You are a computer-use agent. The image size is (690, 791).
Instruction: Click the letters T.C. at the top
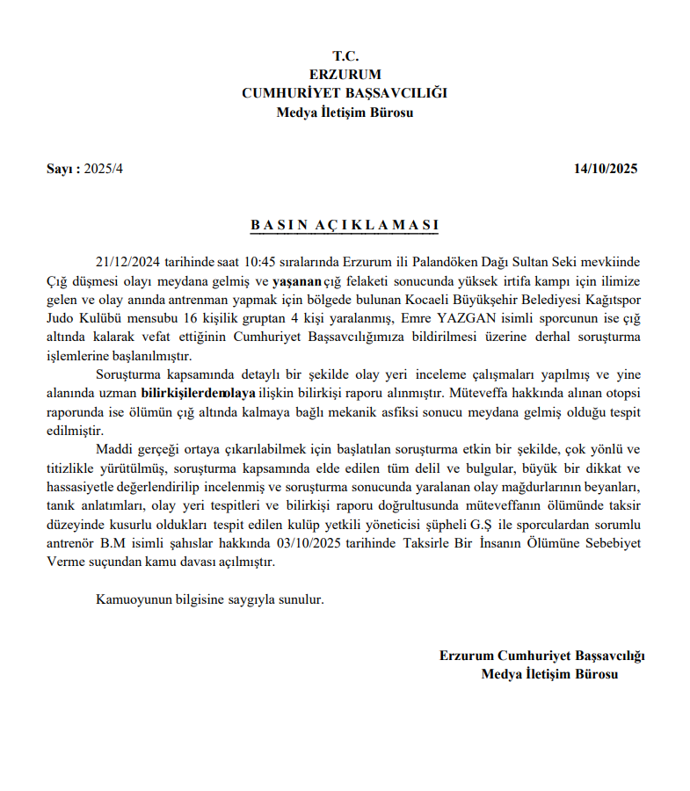(345, 55)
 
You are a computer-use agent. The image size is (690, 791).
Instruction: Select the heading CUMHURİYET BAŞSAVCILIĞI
(345, 93)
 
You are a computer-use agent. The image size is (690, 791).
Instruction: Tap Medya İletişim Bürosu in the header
(345, 112)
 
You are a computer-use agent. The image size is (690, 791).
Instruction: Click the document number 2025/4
(104, 169)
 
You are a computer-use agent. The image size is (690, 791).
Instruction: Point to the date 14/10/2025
(606, 169)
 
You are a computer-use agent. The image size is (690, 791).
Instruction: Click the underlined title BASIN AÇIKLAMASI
(345, 225)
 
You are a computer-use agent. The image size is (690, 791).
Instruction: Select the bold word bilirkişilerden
(180, 395)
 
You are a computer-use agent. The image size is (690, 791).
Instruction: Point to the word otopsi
(621, 395)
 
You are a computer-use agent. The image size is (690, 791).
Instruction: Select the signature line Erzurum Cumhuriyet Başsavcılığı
(542, 655)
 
